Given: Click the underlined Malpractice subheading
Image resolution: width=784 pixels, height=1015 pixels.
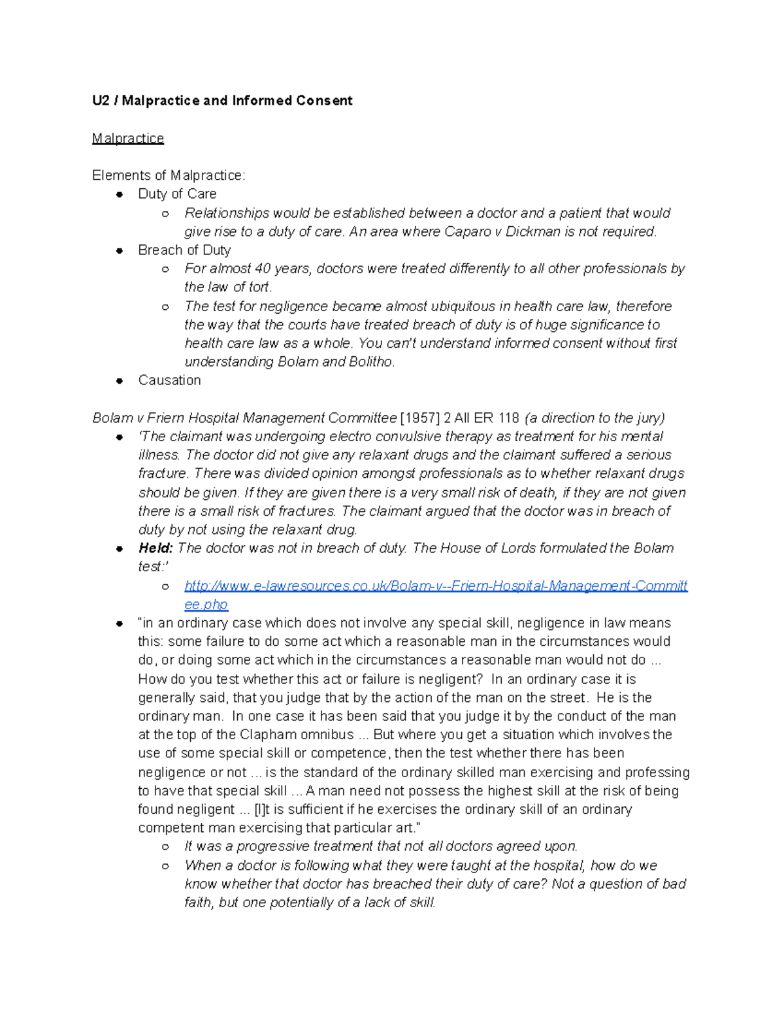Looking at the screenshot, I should (x=128, y=139).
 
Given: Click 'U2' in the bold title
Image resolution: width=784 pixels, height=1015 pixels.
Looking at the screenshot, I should (x=101, y=101).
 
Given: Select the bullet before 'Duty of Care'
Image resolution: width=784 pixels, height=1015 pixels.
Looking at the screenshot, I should (x=120, y=194).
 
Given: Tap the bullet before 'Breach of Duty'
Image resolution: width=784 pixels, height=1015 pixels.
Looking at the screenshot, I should (x=120, y=250).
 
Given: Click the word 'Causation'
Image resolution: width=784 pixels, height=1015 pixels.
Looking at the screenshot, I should (x=169, y=380).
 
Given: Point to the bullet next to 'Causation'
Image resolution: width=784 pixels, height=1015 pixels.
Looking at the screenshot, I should (x=120, y=380).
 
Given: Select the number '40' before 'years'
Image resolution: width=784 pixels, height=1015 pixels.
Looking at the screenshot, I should (x=262, y=269).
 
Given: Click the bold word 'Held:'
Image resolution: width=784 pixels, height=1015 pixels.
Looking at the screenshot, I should (x=155, y=548).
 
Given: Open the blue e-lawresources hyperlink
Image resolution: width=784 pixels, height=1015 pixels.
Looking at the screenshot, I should (x=436, y=586).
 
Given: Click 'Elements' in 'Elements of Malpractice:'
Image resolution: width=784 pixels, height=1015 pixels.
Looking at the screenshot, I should (x=120, y=175).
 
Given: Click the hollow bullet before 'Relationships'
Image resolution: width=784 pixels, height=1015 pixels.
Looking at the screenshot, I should (x=166, y=214).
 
